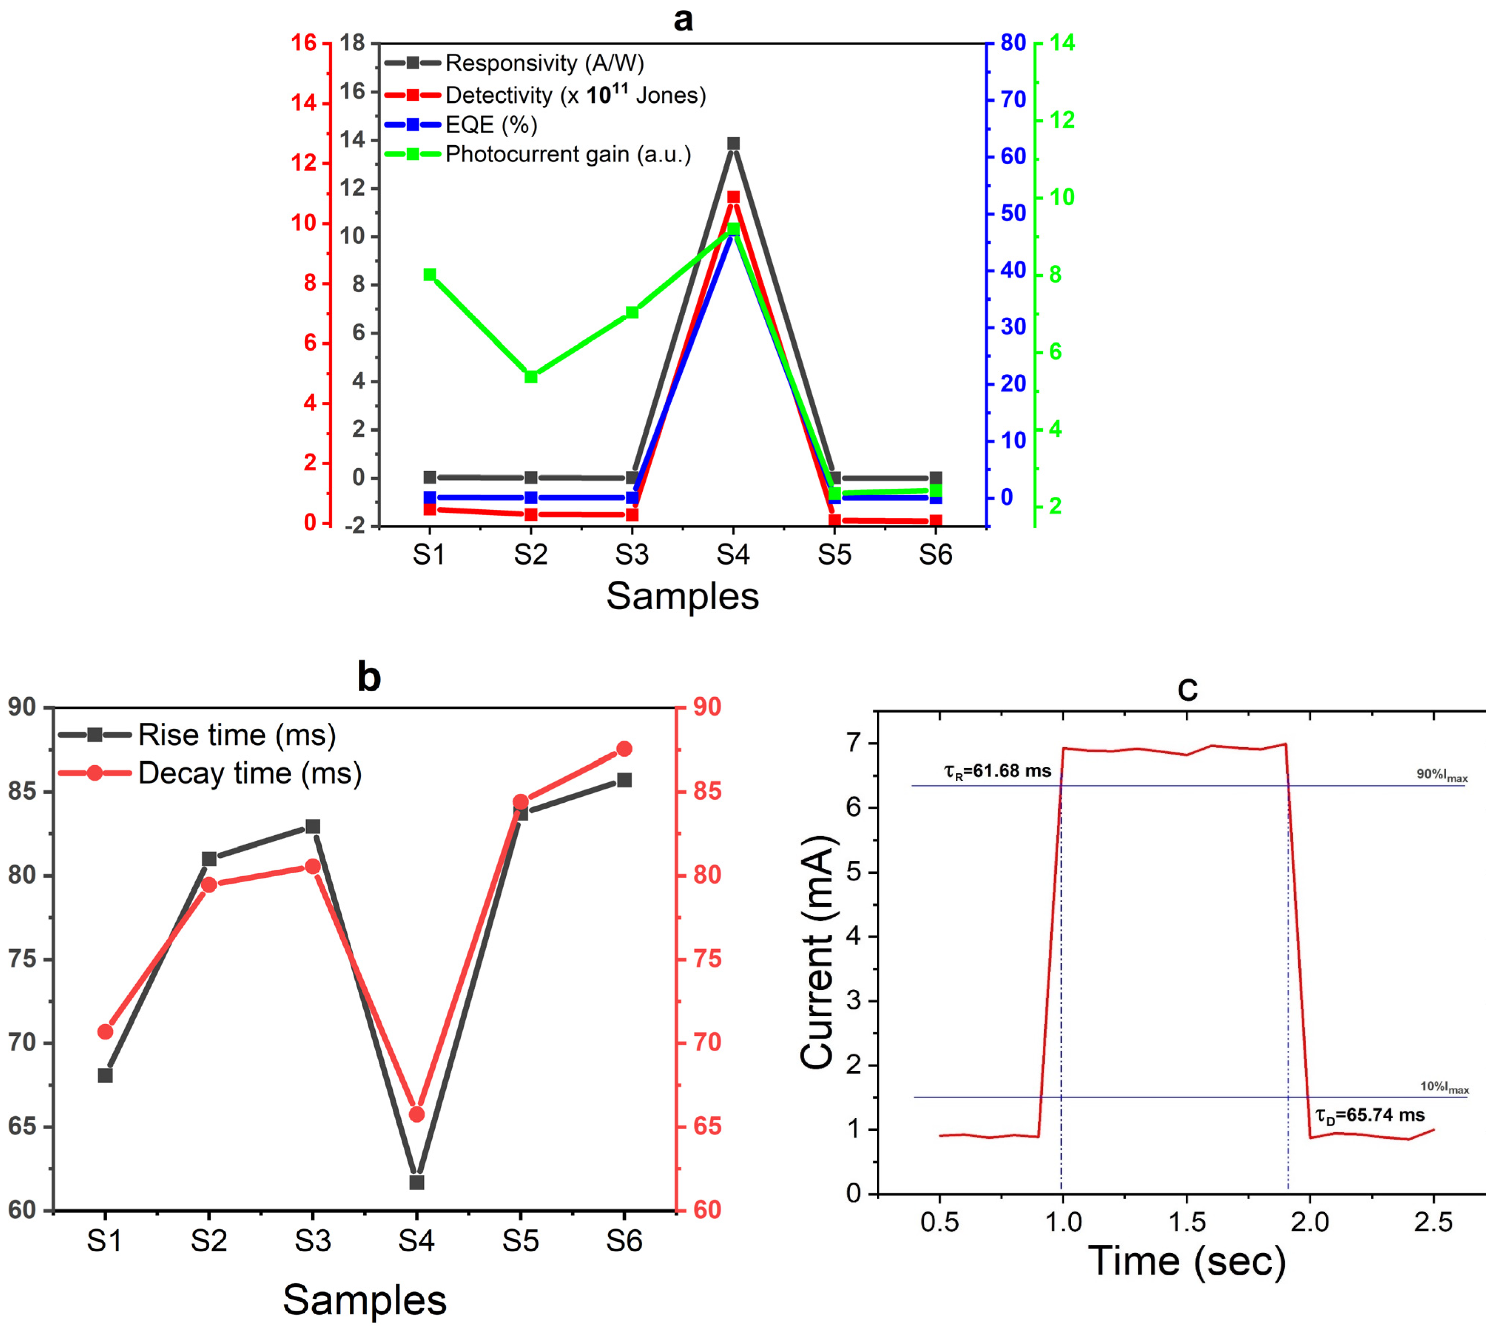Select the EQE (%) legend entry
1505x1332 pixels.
(491, 125)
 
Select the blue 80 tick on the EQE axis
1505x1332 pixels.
(1013, 43)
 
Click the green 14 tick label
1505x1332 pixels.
(1062, 43)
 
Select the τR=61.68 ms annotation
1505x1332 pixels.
(997, 771)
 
